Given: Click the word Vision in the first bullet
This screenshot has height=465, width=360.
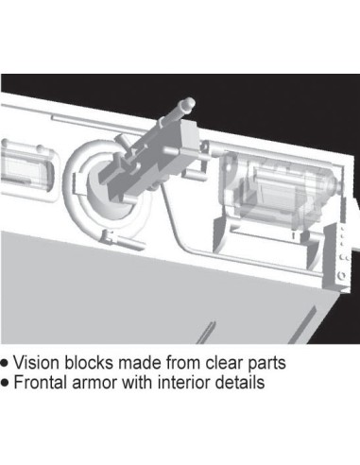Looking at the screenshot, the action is pos(36,362).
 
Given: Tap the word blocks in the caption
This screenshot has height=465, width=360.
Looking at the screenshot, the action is pos(89,362).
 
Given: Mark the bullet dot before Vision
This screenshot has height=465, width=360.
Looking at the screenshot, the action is pos(5,363).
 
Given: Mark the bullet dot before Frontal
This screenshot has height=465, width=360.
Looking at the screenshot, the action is pos(5,383).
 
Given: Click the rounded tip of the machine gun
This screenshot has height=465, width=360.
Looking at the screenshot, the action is pos(189,103).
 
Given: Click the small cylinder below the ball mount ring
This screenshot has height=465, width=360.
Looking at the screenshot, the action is pos(129,242).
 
